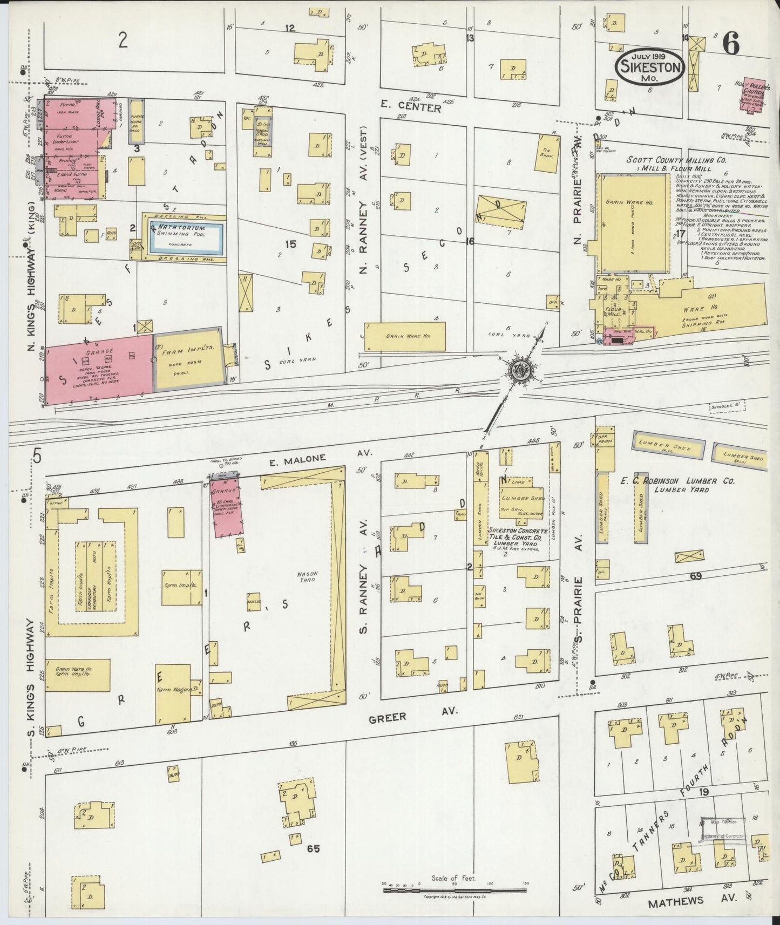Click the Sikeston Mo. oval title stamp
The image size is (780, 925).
[650, 66]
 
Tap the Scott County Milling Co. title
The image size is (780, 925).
[676, 160]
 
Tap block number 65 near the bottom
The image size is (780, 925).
[314, 849]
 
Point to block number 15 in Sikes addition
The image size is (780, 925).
[290, 244]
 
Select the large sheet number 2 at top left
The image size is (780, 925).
[123, 40]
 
